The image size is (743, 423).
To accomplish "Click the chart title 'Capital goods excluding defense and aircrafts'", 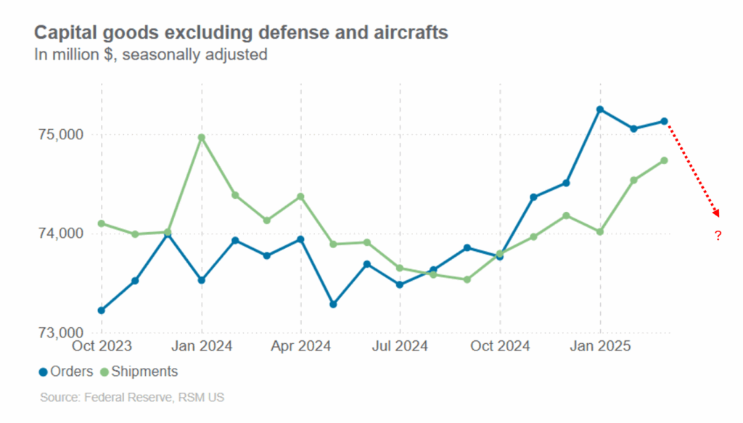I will coord(241,33).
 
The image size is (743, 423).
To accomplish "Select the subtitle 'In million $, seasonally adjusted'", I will coord(151,54).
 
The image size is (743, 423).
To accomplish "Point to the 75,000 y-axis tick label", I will coord(62,135).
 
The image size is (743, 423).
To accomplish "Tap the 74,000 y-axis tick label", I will coord(62,234).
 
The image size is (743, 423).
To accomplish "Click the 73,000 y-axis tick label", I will coord(62,333).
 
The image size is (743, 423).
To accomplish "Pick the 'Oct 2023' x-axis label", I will coord(102,346).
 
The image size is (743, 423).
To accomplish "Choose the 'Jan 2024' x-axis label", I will coord(202,346).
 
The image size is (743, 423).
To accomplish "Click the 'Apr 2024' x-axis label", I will coord(300,346).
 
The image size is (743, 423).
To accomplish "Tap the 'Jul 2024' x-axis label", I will coord(400,346).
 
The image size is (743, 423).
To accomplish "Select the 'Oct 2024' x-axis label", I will coord(499,346).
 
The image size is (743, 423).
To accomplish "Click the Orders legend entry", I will coord(66,371).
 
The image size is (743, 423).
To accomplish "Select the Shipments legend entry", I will coord(139,371).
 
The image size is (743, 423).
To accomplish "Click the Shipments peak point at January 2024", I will coord(202,137).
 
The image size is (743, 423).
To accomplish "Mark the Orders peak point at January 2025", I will coord(600,110).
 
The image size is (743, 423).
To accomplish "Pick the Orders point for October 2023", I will coord(102,311).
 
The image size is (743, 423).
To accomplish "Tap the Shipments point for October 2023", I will coord(102,223).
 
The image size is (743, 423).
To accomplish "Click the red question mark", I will coord(718,236).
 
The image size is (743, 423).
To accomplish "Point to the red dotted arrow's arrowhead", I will coord(717,213).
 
